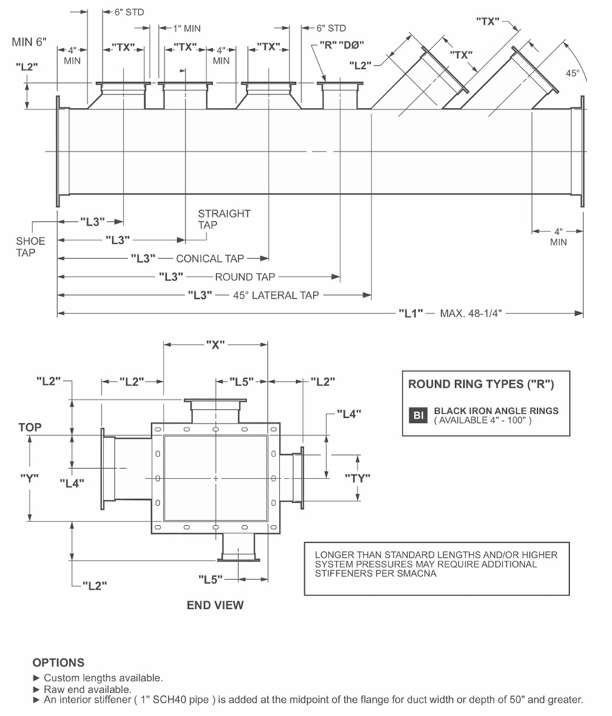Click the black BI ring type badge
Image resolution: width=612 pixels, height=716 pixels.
[418, 415]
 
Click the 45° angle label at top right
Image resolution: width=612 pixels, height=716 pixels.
[573, 74]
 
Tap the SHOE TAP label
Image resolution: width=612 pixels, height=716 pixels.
[30, 246]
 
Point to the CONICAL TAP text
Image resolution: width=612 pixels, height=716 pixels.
[209, 259]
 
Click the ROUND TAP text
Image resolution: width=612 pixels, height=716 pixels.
[245, 277]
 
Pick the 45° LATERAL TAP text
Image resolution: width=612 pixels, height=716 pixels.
[276, 295]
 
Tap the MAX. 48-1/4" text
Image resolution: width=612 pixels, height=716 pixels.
[471, 313]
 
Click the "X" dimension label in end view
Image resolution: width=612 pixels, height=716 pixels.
[215, 345]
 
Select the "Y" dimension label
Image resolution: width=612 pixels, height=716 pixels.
[30, 477]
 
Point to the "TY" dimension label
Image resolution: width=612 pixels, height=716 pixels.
[357, 478]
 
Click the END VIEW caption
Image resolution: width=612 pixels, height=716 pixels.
[215, 605]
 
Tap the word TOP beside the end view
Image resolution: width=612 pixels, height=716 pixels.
[30, 428]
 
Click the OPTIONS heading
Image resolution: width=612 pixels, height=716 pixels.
[58, 663]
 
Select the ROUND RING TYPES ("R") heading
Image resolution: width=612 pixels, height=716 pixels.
[480, 384]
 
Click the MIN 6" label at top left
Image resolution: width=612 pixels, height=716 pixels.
[30, 41]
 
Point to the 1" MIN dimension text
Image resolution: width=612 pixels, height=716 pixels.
[186, 28]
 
